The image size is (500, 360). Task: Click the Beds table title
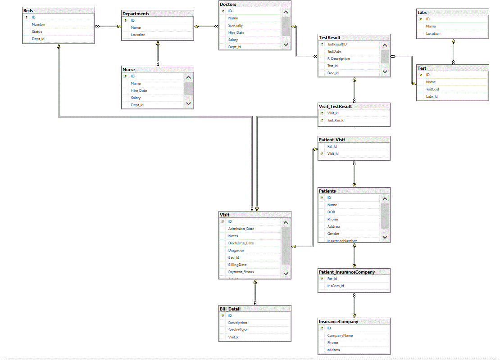pyautogui.click(x=28, y=10)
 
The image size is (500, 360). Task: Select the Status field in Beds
pyautogui.click(x=37, y=31)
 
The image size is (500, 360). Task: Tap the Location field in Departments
pyautogui.click(x=138, y=35)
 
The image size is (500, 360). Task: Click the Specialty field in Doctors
pyautogui.click(x=236, y=25)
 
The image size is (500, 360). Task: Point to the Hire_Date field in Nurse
pyautogui.click(x=139, y=90)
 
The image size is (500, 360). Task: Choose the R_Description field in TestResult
pyautogui.click(x=338, y=58)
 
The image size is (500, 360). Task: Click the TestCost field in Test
pyautogui.click(x=432, y=89)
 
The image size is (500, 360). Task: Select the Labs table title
pyautogui.click(x=423, y=12)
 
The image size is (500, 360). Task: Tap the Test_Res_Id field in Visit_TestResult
pyautogui.click(x=336, y=120)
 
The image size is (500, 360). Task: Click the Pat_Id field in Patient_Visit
pyautogui.click(x=332, y=146)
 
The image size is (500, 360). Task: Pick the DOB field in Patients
pyautogui.click(x=331, y=212)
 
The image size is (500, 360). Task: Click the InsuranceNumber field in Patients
pyautogui.click(x=342, y=241)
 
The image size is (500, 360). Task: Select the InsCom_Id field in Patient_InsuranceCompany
pyautogui.click(x=336, y=286)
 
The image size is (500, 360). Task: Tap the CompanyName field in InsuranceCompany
pyautogui.click(x=340, y=335)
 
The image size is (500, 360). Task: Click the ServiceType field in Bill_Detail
pyautogui.click(x=238, y=330)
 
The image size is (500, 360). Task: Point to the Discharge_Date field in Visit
pyautogui.click(x=241, y=243)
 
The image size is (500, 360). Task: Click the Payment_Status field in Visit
pyautogui.click(x=241, y=272)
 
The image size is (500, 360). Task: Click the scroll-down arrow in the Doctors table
pyautogui.click(x=286, y=45)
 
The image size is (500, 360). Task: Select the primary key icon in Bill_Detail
pyautogui.click(x=223, y=315)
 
